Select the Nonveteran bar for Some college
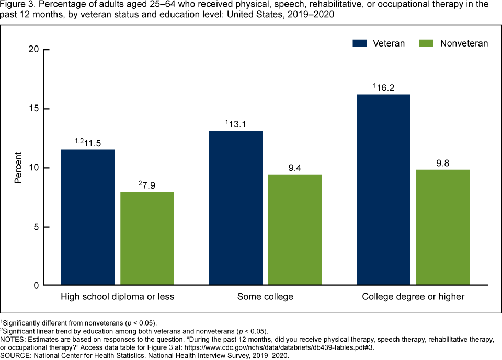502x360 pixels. click(295, 230)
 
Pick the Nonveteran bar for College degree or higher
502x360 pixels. click(443, 227)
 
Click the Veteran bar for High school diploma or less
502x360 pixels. click(88, 217)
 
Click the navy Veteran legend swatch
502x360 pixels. click(360, 43)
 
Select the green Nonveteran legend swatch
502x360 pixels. click(427, 43)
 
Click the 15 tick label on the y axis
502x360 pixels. click(34, 109)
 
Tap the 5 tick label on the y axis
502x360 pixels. click(36, 227)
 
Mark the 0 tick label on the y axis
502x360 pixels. click(36, 286)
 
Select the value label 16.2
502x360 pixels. click(386, 87)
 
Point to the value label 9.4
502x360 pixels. click(295, 167)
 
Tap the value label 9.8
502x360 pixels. click(443, 162)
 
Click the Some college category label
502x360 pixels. click(265, 297)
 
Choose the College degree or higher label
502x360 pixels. click(413, 297)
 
